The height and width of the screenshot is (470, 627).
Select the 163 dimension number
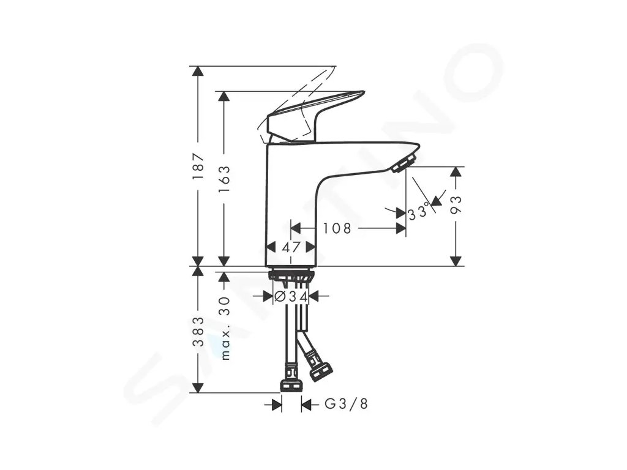(x=224, y=179)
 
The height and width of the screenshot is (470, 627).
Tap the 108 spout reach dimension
(x=337, y=229)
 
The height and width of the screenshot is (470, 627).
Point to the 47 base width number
(x=291, y=248)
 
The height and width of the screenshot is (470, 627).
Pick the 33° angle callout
(x=419, y=212)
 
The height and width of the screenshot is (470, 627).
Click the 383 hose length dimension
(x=197, y=331)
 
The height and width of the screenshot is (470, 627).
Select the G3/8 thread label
(x=347, y=404)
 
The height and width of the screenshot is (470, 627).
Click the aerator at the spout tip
(x=404, y=163)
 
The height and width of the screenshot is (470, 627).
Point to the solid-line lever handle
(x=315, y=114)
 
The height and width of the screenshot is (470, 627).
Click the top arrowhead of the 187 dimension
(x=197, y=71)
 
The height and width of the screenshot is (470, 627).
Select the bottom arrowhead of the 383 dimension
(x=197, y=387)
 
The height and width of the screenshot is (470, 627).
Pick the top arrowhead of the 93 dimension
(x=455, y=171)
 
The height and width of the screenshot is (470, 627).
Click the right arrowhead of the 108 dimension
(x=401, y=229)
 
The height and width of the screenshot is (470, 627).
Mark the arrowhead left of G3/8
(x=277, y=404)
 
